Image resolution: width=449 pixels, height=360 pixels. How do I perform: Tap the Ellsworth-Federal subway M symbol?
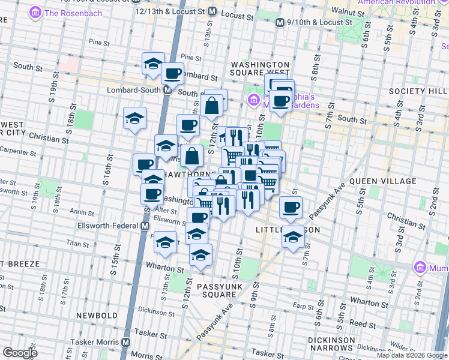tap(145, 226)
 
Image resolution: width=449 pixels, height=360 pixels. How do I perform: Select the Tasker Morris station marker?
tap(125, 342)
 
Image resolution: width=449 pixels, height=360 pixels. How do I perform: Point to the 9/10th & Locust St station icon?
tap(280, 22)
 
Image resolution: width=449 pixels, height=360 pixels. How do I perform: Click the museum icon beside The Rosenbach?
tap(36, 12)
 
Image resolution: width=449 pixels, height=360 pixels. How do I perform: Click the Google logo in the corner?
tap(20, 352)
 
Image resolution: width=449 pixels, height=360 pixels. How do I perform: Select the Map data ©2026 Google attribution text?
tap(411, 355)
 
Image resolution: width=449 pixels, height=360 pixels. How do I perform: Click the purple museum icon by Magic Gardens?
tap(253, 99)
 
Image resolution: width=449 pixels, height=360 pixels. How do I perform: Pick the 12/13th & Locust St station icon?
tap(212, 11)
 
